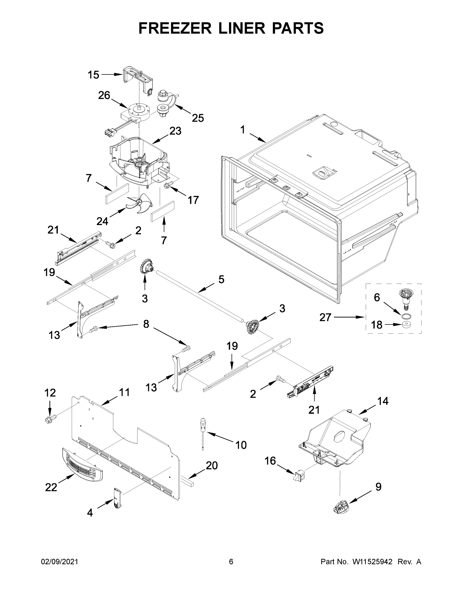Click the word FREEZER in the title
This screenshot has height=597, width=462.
(175, 28)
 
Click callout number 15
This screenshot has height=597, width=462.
(93, 75)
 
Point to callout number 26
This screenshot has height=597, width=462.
(104, 96)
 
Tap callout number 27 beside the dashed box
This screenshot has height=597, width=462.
(325, 317)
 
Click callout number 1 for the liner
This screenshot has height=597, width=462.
(243, 130)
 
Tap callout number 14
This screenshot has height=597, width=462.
(383, 401)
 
